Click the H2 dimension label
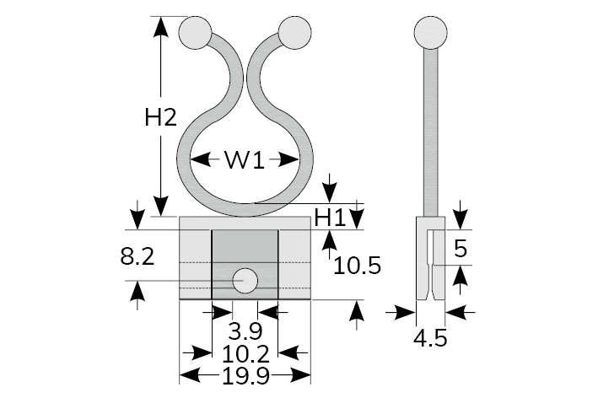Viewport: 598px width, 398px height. coord(160,117)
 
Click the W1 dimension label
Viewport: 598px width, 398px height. coord(245,159)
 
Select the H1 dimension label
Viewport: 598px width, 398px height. coord(330,218)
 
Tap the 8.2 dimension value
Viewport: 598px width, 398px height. coord(137,256)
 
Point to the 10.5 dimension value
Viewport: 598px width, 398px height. coord(357,266)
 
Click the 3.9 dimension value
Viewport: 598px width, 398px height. coord(245,331)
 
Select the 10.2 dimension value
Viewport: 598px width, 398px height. coord(245,354)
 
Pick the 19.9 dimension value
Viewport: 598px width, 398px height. coord(245,376)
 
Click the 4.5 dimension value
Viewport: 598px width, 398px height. coord(430,338)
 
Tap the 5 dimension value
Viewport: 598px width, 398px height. coord(461,249)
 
